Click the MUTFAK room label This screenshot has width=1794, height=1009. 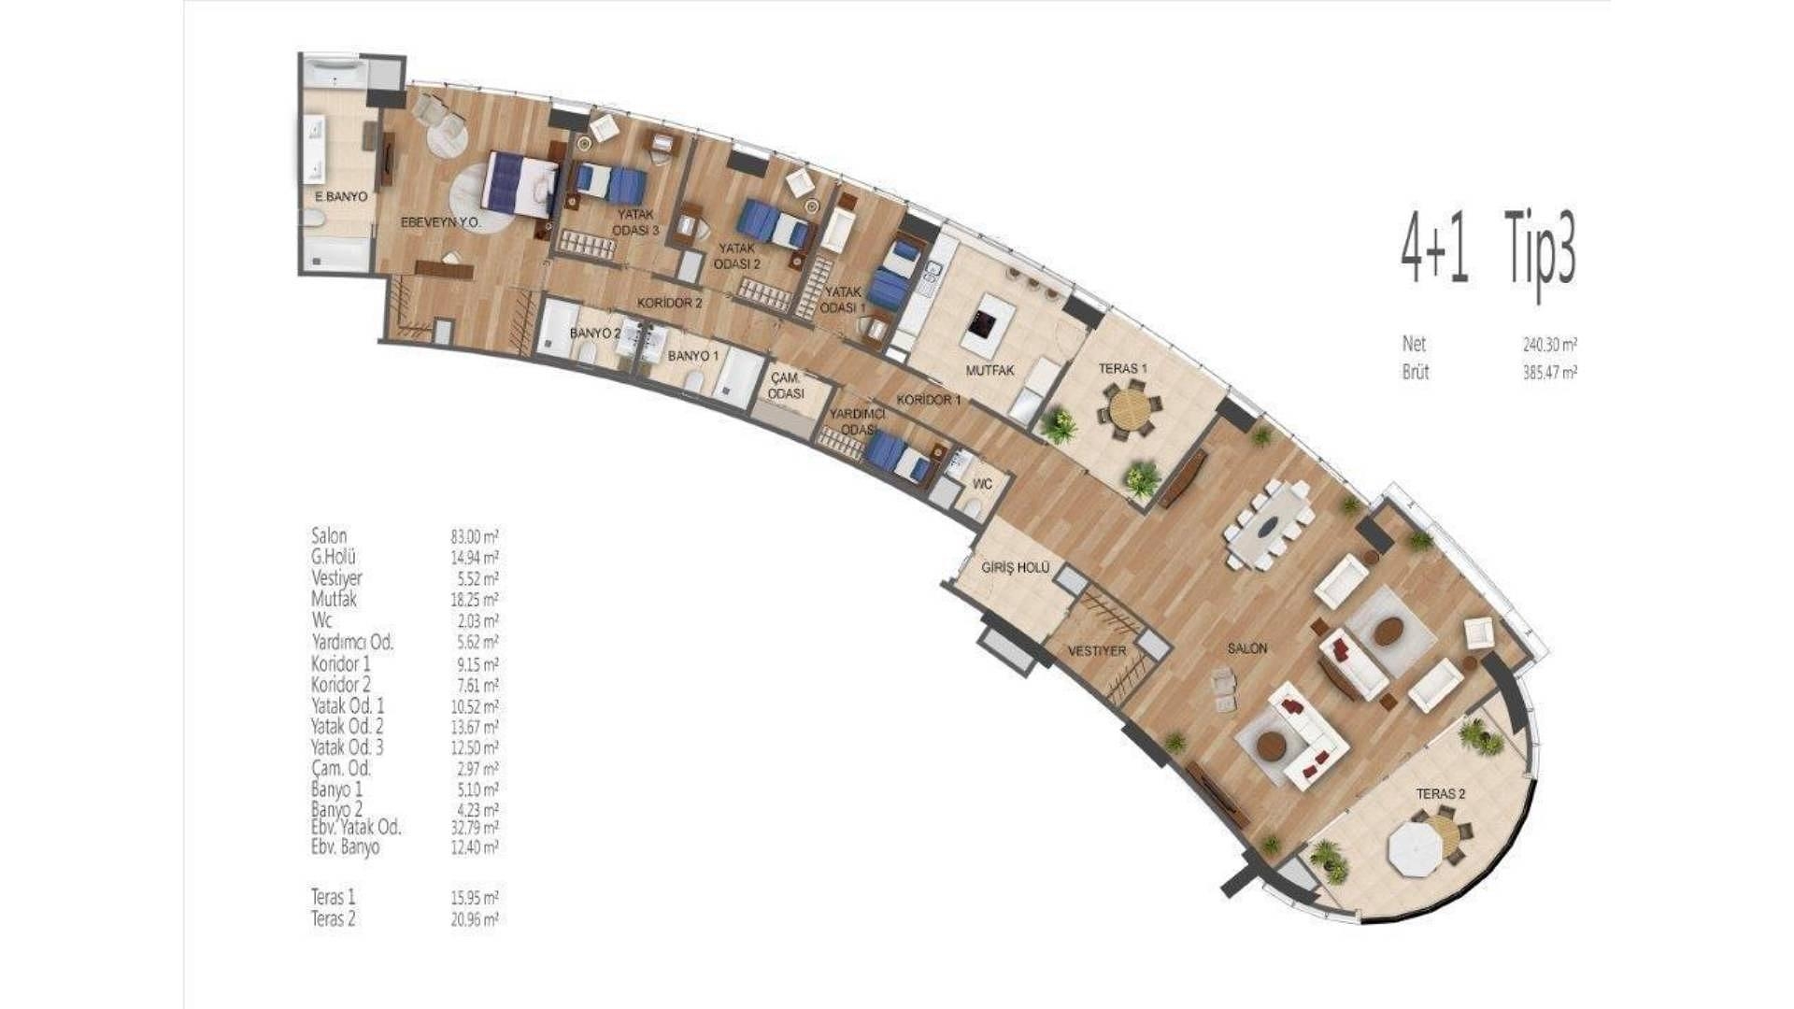pos(990,371)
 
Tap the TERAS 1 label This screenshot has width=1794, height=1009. pos(1123,369)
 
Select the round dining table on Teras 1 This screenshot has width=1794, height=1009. pos(1130,408)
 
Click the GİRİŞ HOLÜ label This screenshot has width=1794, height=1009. pos(1016,568)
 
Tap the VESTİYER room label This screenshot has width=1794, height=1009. pos(1098,651)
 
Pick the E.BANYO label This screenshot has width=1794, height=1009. pos(340,198)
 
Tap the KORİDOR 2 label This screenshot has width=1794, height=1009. pos(669,303)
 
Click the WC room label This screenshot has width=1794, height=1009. pos(982,485)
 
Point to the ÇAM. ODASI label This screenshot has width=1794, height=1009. pos(786,386)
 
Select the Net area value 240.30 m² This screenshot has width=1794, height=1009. pos(1550,344)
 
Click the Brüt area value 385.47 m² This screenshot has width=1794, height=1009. pos(1550,372)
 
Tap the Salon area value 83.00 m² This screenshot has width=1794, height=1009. pos(474,536)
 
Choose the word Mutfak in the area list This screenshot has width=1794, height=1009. pos(334,599)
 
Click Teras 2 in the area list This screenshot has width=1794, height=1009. pos(334,918)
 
